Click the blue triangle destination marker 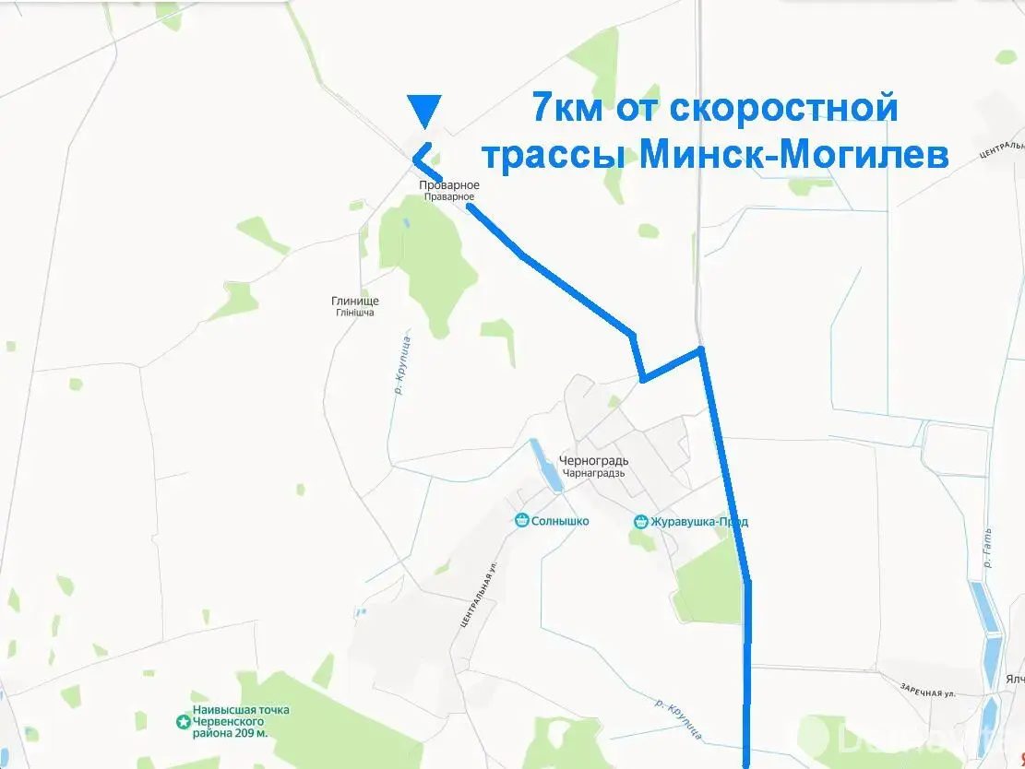424,110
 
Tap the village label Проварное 449,185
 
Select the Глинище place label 355,301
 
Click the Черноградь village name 593,461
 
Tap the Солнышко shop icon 522,521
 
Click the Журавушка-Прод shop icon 641,522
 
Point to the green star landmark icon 183,721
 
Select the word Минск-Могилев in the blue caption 794,155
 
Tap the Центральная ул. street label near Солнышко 478,595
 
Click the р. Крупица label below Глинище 401,366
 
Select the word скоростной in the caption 781,108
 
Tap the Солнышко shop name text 560,521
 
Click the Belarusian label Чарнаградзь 592,473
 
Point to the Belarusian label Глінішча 355,313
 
